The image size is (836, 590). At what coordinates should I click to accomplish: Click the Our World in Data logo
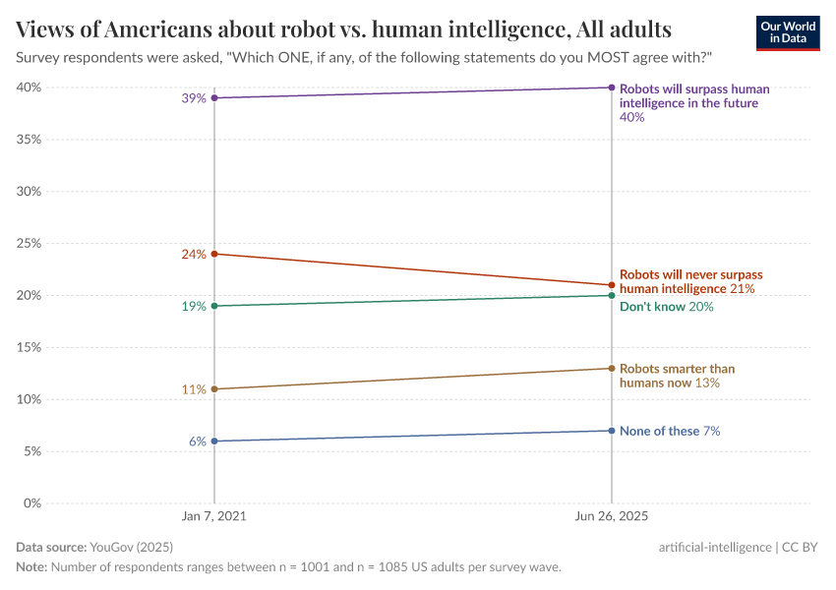point(787,32)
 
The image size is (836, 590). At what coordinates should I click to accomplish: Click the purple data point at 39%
point(214,98)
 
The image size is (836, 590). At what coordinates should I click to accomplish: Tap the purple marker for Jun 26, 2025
point(612,88)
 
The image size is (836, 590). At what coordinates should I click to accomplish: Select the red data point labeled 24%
point(214,254)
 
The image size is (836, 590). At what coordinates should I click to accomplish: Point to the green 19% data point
point(214,306)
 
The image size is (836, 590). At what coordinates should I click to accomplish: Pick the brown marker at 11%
point(214,389)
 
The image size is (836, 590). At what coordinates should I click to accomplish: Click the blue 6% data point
point(214,442)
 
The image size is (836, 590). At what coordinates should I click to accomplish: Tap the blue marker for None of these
point(612,431)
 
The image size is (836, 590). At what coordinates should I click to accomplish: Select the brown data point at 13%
point(612,369)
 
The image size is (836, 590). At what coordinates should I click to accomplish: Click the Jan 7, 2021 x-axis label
point(214,516)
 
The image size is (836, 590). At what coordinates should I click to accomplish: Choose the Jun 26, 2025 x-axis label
point(612,516)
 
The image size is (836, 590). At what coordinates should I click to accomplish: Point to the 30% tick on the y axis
point(28,192)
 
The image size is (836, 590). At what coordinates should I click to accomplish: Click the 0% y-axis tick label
point(31,503)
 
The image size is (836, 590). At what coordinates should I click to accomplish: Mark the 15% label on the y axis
point(28,348)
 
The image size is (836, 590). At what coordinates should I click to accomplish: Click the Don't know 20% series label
point(666,307)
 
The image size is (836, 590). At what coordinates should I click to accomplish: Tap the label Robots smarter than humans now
point(677,376)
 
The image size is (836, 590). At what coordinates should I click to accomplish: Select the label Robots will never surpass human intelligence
point(690,282)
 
